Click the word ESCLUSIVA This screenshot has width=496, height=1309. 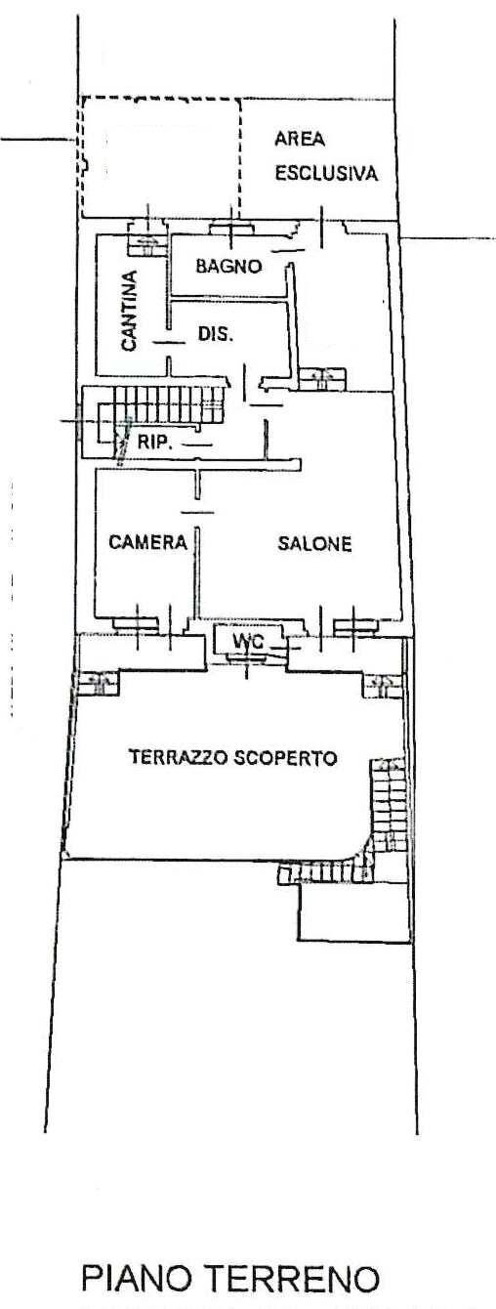click(325, 174)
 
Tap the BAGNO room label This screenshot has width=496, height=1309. click(227, 265)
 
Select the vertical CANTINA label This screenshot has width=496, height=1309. click(129, 311)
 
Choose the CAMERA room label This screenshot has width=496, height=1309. click(147, 543)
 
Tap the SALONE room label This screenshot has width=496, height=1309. click(313, 543)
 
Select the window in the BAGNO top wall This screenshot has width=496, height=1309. click(232, 228)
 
